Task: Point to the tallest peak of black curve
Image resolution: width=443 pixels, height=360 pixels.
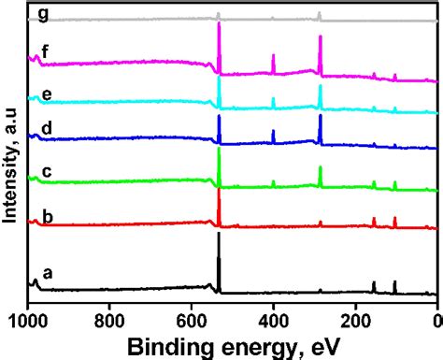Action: click(219, 235)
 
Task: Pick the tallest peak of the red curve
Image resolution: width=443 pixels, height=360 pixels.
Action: click(219, 190)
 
